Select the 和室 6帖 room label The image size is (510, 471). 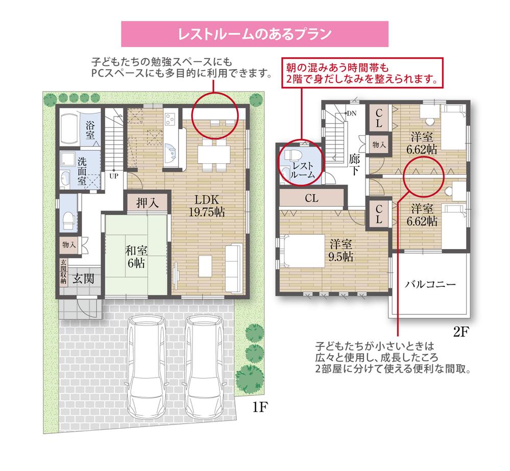136,257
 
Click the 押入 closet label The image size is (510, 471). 147,203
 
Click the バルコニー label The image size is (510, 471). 430,284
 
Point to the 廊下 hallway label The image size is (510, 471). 355,164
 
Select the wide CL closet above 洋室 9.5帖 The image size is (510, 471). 311,198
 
